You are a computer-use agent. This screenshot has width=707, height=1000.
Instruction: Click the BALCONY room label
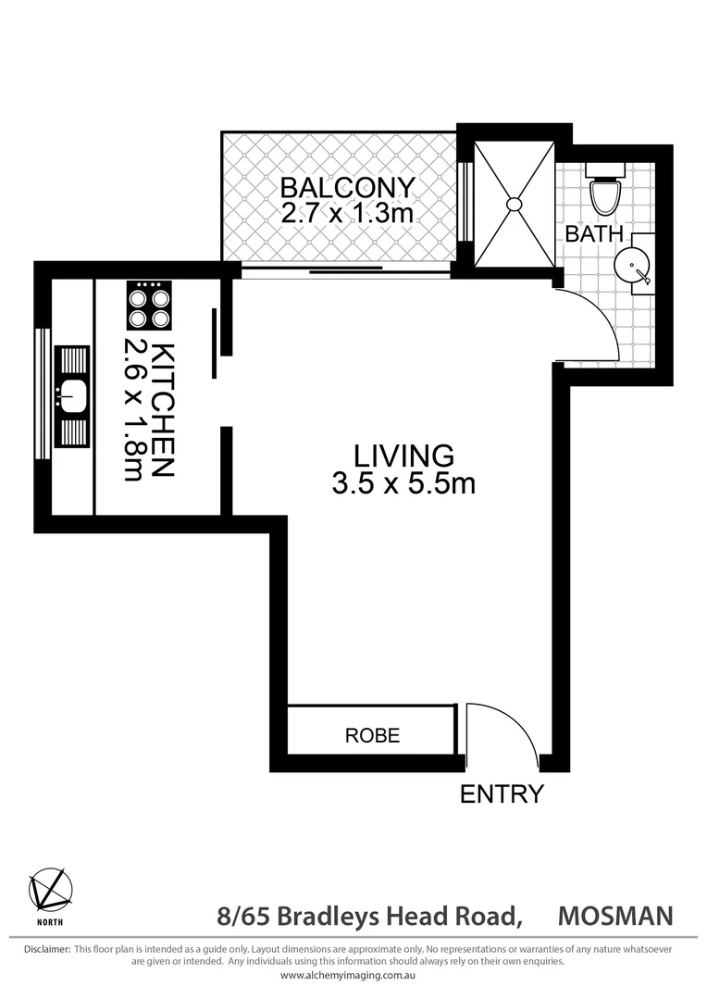coord(348,188)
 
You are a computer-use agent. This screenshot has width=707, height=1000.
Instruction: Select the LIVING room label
coord(404,456)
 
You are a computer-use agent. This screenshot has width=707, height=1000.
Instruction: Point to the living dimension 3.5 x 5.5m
coord(403,483)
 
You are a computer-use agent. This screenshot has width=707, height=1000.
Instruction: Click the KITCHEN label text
coord(162,409)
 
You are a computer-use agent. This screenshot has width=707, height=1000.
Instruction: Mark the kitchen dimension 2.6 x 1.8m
coord(134,409)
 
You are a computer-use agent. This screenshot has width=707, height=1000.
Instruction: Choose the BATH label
coord(594,233)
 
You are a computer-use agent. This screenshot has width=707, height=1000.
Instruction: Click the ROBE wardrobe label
coord(372,736)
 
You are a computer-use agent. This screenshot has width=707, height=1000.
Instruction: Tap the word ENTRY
coord(502,794)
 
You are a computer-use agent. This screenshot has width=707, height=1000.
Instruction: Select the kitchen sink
coord(71,396)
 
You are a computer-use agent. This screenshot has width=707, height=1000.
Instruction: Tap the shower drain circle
coord(515,204)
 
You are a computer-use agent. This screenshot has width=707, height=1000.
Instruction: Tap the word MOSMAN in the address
coord(615,916)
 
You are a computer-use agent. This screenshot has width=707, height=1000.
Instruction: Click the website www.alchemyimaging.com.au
coord(353,975)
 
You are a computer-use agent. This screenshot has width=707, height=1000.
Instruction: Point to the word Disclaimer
coord(46,949)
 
